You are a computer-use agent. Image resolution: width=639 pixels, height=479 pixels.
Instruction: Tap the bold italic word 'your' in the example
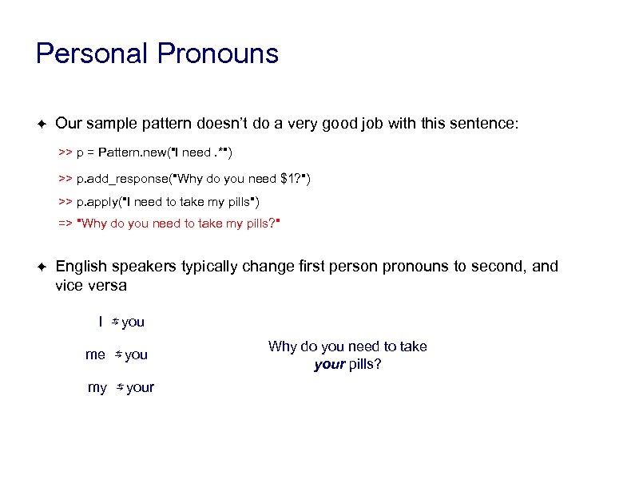coord(329,365)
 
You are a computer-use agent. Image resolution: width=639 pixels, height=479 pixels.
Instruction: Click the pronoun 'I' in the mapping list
coord(100,322)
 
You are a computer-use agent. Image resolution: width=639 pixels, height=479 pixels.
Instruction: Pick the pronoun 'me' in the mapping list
coord(95,354)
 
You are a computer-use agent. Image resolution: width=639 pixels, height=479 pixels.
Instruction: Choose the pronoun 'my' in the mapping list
coord(97,387)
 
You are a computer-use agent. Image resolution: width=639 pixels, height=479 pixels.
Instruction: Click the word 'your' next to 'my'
coord(141,387)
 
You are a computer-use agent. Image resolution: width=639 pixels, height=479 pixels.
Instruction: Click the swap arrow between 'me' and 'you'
coord(117,354)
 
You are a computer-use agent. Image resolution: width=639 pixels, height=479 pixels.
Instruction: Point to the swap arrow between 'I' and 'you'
coord(115,322)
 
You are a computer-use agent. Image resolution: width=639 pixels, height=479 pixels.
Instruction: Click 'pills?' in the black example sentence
coord(364,365)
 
